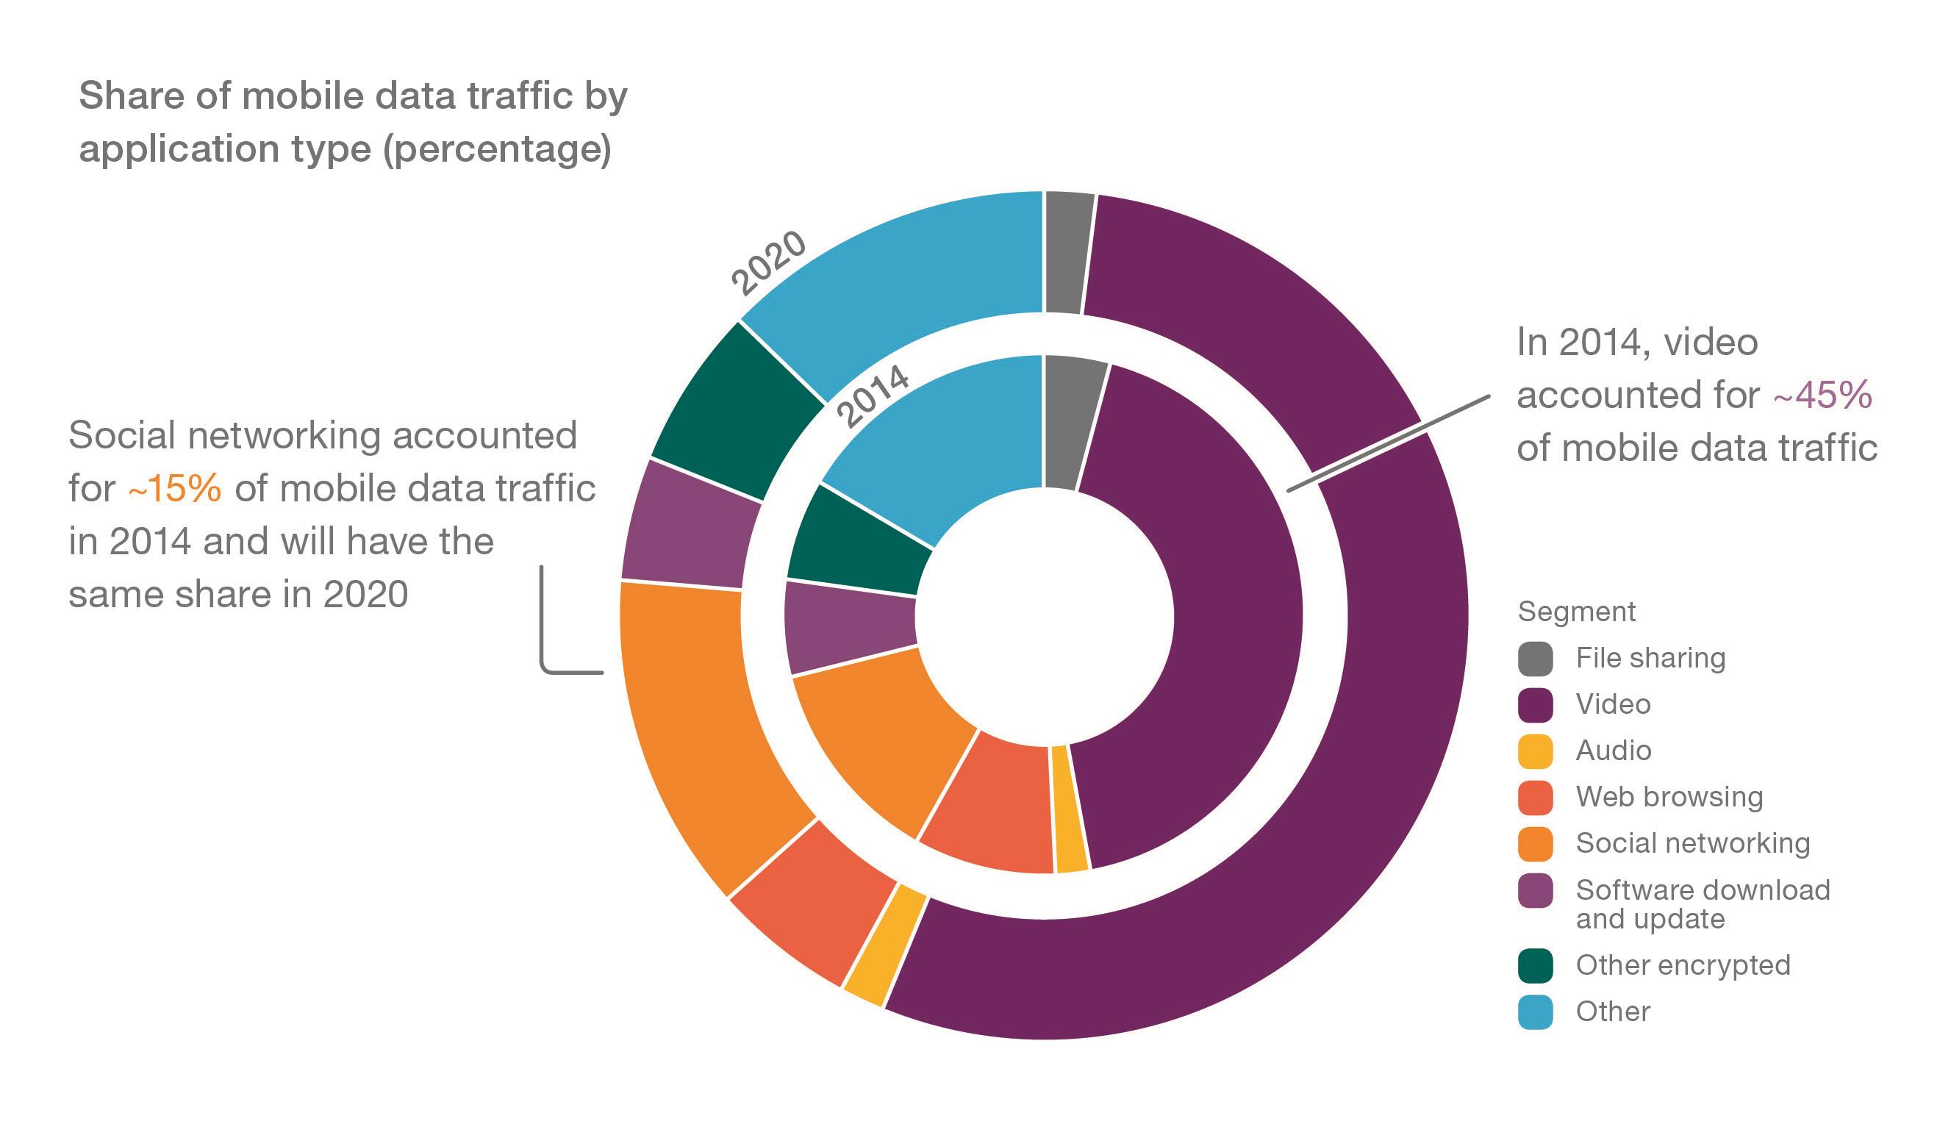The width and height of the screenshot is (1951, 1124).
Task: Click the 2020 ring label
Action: (769, 263)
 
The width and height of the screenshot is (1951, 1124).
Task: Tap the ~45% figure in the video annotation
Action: (1822, 395)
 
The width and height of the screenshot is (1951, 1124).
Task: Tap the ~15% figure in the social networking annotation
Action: (175, 489)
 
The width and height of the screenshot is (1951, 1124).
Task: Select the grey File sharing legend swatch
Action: (1535, 659)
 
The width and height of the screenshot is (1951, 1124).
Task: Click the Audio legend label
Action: (1613, 751)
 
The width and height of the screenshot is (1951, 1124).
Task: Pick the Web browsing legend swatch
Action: (1535, 798)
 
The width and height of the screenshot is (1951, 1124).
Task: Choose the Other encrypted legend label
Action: (1683, 965)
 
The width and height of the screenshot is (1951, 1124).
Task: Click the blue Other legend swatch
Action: (1535, 1012)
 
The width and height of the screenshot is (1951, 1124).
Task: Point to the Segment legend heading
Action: (1576, 612)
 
